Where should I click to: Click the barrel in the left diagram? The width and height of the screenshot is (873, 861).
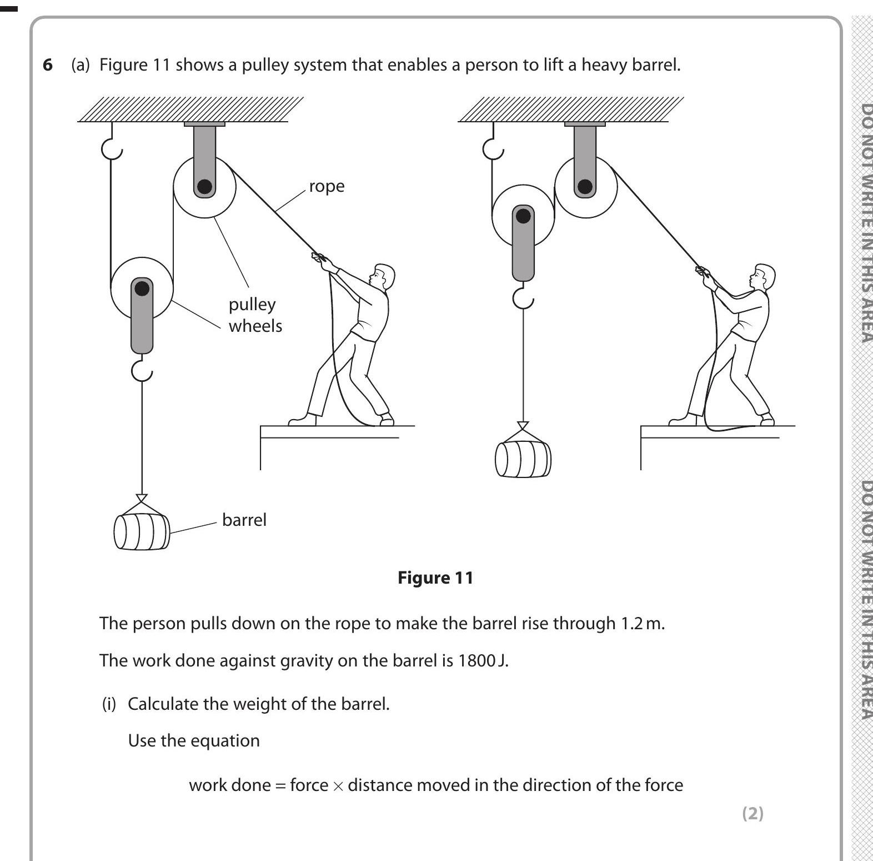pos(142,531)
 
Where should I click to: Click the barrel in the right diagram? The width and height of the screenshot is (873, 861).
pos(523,459)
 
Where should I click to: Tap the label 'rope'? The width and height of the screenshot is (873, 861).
pos(327,186)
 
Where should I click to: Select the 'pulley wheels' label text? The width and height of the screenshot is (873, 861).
pos(255,315)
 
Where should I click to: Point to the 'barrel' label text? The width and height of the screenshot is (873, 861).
pos(244,520)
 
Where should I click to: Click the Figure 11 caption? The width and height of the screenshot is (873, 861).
pos(435,578)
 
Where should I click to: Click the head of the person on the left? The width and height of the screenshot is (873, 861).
pos(383,276)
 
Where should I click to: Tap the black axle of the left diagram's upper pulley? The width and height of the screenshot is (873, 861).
pos(204,186)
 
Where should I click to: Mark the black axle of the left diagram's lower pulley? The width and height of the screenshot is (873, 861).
pos(142,288)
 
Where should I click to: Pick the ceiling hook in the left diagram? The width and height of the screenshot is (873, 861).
pos(112,147)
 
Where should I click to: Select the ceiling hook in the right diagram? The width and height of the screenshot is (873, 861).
pos(492,147)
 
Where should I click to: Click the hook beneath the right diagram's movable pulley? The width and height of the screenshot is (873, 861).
pos(523,299)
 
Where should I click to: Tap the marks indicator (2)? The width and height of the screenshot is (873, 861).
pos(752,813)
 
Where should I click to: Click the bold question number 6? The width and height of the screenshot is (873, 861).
pos(48,65)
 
